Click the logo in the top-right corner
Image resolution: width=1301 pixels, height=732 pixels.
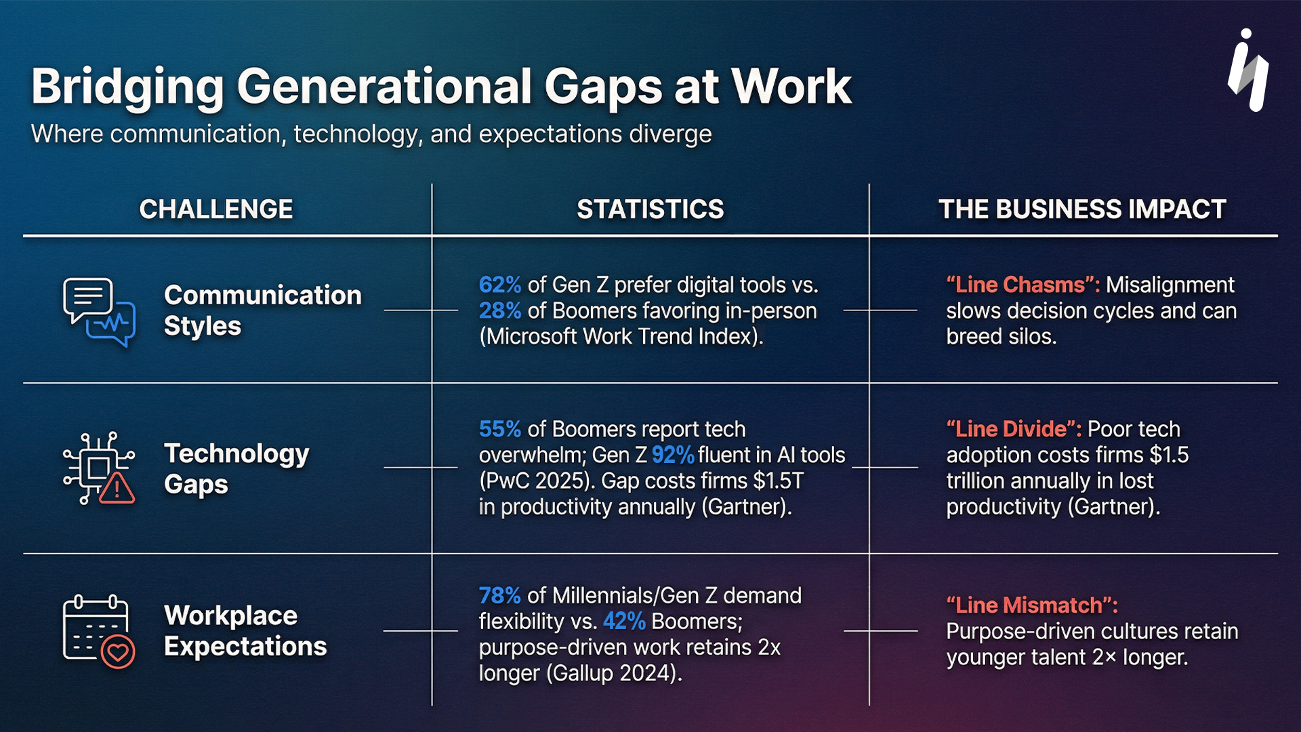[x=1248, y=71]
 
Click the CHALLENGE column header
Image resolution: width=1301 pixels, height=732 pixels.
[x=216, y=209]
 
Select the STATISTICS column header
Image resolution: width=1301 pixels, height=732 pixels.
[x=650, y=209]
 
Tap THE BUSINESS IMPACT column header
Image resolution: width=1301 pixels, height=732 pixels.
[x=1081, y=209]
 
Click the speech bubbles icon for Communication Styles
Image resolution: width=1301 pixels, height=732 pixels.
[x=99, y=312]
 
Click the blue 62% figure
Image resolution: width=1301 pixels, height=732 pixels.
[x=499, y=285]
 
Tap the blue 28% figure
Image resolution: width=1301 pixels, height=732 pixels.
[x=499, y=310]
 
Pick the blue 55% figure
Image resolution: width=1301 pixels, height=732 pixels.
[x=499, y=429]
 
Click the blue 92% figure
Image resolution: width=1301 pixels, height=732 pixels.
[x=672, y=455]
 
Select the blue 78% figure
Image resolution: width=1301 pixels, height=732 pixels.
[x=499, y=596]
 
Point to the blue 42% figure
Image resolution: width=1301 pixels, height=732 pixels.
[x=623, y=622]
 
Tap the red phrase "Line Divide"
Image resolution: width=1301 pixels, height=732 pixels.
[x=1014, y=429]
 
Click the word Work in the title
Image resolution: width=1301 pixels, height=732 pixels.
[x=791, y=87]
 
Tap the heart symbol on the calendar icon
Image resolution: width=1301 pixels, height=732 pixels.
[x=118, y=652]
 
